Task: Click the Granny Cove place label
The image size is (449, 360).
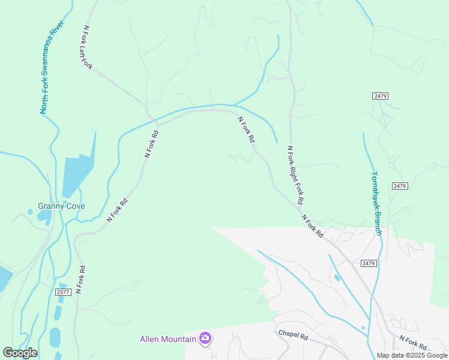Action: [x=61, y=206]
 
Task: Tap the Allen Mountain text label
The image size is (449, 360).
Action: [x=168, y=339]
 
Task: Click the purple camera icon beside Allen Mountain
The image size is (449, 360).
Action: [x=205, y=338]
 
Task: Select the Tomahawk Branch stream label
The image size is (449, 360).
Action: [x=376, y=203]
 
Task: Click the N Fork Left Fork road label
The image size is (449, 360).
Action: [x=88, y=47]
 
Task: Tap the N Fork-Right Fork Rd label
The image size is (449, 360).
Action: [x=295, y=175]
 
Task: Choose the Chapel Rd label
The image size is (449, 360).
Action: [x=292, y=335]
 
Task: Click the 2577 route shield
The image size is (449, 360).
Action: [x=63, y=292]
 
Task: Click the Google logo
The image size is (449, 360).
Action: [x=20, y=353]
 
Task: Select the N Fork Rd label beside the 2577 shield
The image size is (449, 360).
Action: [x=79, y=280]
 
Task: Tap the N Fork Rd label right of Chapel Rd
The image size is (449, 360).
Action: [x=412, y=343]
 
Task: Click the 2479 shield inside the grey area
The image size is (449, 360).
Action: [x=369, y=263]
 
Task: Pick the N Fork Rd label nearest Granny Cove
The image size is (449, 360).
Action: [x=118, y=211]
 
